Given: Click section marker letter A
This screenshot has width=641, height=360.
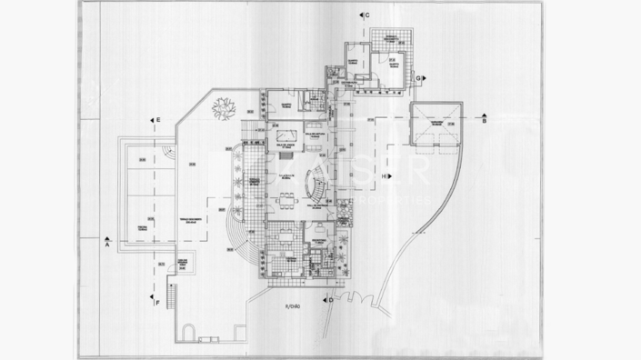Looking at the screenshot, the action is [106, 244].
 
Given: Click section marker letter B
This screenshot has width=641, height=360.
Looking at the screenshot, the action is [485, 120].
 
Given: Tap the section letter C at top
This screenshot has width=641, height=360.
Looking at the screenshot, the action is [366, 16].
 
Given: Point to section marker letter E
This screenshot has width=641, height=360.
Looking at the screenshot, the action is [158, 120].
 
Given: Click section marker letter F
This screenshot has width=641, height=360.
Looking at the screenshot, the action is [158, 301].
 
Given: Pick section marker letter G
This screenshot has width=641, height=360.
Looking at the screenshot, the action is [418, 79].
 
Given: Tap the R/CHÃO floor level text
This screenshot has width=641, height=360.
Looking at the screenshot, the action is [294, 305].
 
